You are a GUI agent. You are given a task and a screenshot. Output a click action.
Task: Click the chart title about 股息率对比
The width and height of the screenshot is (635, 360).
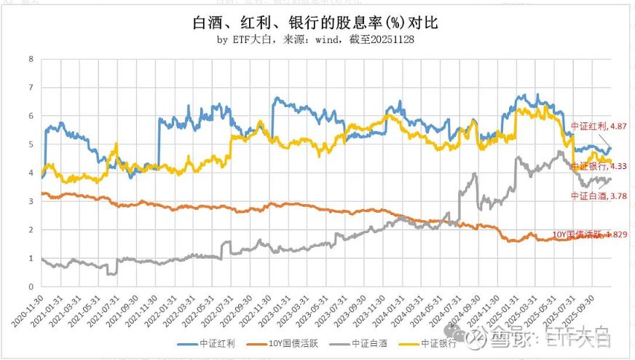coord(317,23)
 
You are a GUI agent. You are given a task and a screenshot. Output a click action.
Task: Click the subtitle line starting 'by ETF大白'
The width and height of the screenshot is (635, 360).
coord(316,40)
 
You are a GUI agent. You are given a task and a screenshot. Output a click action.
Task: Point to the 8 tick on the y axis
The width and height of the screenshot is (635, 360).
coord(31,59)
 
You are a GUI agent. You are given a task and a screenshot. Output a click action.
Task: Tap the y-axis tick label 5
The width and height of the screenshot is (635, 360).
coord(31,144)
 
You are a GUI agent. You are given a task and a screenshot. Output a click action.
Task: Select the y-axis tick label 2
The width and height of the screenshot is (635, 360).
coord(31,230)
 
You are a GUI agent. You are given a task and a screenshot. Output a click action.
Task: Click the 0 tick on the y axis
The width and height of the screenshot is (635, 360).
coord(31,286)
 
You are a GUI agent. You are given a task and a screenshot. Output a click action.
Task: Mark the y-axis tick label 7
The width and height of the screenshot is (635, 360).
coord(31,87)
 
